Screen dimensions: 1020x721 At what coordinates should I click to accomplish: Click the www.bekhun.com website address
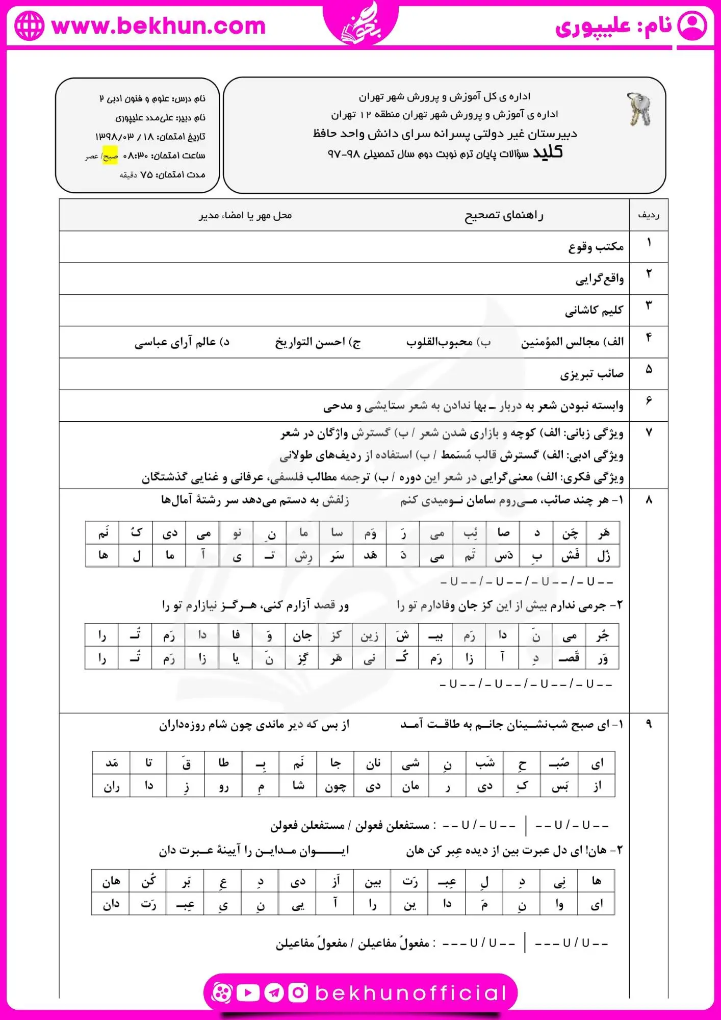click(x=159, y=26)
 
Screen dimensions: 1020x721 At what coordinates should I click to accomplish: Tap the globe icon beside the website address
click(x=29, y=25)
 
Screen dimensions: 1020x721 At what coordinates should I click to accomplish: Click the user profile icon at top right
click(x=692, y=25)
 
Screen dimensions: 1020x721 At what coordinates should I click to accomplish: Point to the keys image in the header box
click(x=639, y=109)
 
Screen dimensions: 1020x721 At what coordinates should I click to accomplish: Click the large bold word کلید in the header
click(x=548, y=152)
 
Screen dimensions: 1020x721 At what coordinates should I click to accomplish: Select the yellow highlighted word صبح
click(x=110, y=156)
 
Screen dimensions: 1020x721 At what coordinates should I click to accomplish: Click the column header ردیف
click(x=649, y=215)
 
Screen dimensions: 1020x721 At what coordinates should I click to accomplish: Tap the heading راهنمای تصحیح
click(x=504, y=216)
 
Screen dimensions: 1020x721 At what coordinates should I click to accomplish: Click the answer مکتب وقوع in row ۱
click(x=596, y=247)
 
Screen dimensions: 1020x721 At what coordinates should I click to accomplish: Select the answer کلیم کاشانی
click(x=594, y=310)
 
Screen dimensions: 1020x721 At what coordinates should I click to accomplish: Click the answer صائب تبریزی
click(x=592, y=374)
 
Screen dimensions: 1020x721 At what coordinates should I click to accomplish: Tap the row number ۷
click(x=649, y=432)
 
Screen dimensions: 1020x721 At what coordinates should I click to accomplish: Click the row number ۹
click(x=649, y=723)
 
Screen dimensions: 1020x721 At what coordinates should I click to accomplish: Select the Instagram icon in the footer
click(x=298, y=992)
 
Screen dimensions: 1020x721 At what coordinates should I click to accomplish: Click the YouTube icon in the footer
click(x=248, y=992)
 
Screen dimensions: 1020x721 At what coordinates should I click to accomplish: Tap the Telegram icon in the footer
click(x=274, y=992)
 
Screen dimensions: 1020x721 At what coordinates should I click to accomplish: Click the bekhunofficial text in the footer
click(x=410, y=992)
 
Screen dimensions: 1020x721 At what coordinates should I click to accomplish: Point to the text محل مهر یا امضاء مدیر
click(x=245, y=216)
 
